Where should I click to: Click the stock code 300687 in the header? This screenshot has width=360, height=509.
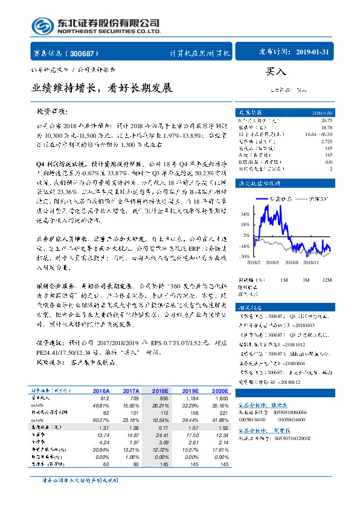click(x=85, y=53)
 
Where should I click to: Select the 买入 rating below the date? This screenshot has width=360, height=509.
click(x=277, y=71)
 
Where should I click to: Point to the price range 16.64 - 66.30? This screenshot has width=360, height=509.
click(x=318, y=133)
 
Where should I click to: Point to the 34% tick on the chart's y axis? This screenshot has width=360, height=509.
click(x=245, y=214)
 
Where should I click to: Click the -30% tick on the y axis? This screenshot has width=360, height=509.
click(x=245, y=256)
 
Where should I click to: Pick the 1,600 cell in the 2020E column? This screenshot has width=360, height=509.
click(x=222, y=399)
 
